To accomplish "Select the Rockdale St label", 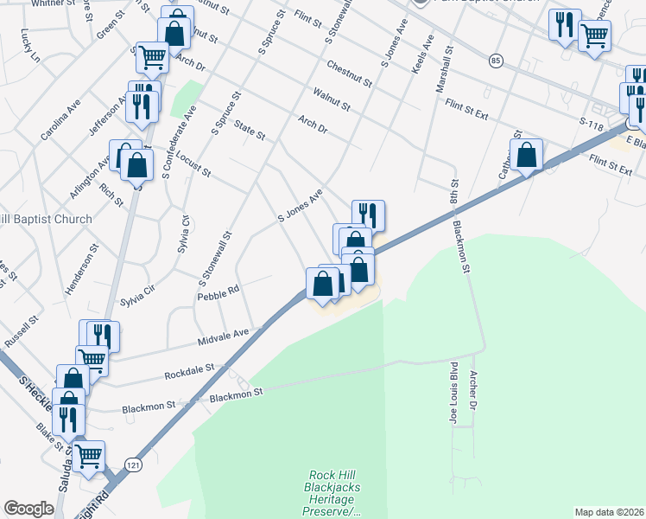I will [x=190, y=374].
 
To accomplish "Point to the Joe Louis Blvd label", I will [x=452, y=394].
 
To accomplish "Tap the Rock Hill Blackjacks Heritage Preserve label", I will [x=334, y=493].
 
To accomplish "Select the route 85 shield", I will [x=495, y=61].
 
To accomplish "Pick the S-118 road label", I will [x=591, y=126].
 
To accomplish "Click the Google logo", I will [x=29, y=509].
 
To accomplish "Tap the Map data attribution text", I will [x=609, y=512].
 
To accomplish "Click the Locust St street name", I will [x=193, y=163].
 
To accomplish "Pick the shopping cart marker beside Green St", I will [x=152, y=58].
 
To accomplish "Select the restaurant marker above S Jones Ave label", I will [x=368, y=214].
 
